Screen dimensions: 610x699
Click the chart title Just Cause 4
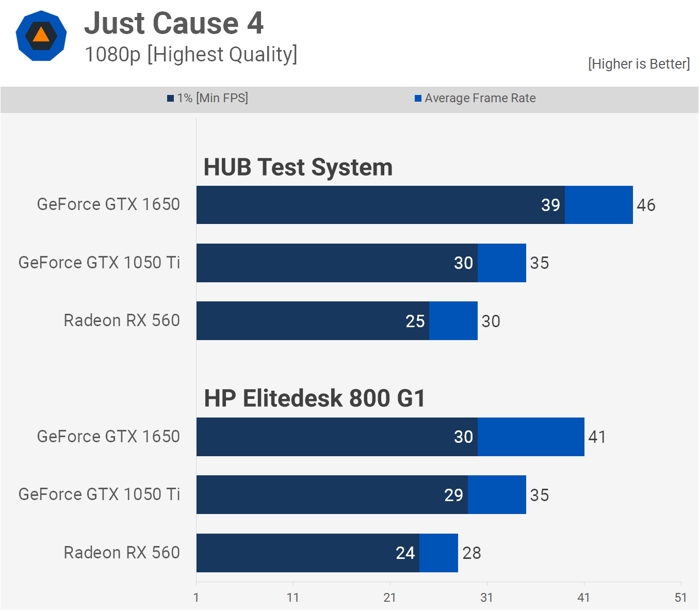tap(174, 23)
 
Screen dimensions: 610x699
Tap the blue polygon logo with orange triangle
tap(41, 36)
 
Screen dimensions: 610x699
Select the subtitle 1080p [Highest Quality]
tap(191, 54)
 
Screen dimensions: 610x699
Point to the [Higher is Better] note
tap(639, 63)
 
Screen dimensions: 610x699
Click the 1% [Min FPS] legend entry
tap(207, 98)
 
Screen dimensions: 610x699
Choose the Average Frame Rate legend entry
tap(475, 98)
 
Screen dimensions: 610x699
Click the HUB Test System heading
tap(298, 167)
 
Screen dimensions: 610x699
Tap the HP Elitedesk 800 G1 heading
tap(314, 398)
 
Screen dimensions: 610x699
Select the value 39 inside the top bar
tap(550, 205)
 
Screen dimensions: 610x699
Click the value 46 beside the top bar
tap(646, 205)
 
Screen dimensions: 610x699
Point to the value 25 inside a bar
tap(415, 321)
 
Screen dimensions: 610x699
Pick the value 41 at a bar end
tap(597, 437)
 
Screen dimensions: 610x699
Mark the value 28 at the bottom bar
tap(472, 553)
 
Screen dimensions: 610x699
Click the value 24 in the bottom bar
tap(405, 553)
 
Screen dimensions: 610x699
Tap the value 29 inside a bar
tap(453, 495)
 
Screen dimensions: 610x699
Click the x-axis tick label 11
tap(293, 598)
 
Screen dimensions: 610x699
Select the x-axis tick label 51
tap(680, 598)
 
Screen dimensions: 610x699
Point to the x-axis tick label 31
tap(486, 598)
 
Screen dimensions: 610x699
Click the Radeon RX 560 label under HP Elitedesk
tap(122, 553)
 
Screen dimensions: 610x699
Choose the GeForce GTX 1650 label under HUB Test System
tap(108, 204)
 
